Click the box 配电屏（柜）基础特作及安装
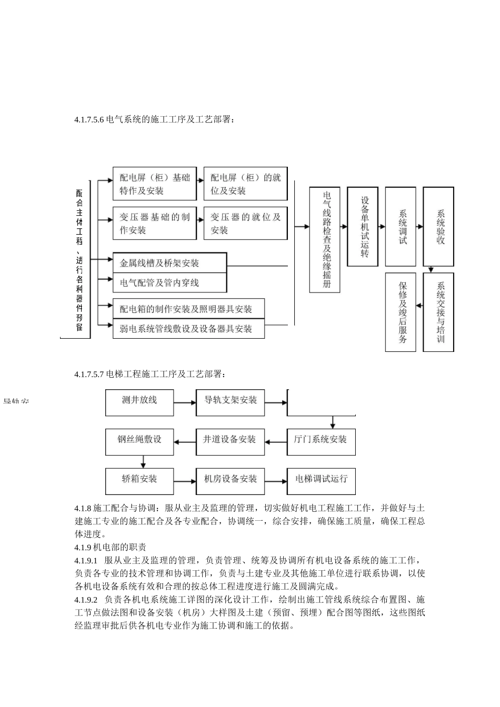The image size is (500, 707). (x=155, y=184)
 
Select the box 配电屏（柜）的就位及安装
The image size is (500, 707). (x=245, y=184)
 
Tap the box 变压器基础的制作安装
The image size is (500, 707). (x=155, y=224)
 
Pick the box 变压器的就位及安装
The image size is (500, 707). (x=245, y=224)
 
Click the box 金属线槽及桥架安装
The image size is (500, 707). (x=169, y=263)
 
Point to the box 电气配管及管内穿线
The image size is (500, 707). (x=169, y=283)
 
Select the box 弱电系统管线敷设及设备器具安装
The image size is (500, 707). (x=188, y=329)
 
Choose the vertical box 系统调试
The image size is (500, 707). (x=401, y=227)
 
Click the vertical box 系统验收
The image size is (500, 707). (x=438, y=227)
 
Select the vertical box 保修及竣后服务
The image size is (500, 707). (x=401, y=312)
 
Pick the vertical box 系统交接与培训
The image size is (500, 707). (x=438, y=312)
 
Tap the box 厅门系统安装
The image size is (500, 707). (x=321, y=440)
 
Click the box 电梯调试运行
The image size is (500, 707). (x=321, y=479)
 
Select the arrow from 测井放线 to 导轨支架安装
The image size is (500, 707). (x=185, y=403)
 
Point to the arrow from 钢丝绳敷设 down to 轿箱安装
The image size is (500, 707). (x=143, y=461)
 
